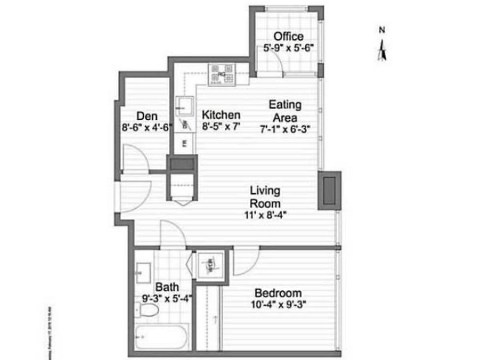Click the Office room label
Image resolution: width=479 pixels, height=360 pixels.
click(288, 36)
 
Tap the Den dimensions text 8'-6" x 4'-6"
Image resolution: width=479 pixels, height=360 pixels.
click(146, 127)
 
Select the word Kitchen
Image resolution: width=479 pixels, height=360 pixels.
click(221, 115)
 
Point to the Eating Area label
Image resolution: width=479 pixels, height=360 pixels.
click(285, 111)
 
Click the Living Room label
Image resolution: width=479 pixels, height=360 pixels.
click(265, 196)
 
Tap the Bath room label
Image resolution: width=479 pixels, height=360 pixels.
click(167, 287)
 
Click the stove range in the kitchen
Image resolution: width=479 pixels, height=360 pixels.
click(222, 75)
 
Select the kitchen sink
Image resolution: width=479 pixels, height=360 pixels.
click(185, 105)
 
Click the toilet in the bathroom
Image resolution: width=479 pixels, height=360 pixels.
click(148, 309)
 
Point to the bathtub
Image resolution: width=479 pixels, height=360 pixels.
click(162, 337)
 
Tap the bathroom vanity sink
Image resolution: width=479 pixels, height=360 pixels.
click(143, 270)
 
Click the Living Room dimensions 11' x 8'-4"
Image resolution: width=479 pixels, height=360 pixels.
click(265, 214)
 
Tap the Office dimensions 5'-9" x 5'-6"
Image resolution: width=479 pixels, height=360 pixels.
click(288, 48)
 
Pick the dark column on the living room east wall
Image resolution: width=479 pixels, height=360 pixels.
click(329, 190)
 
